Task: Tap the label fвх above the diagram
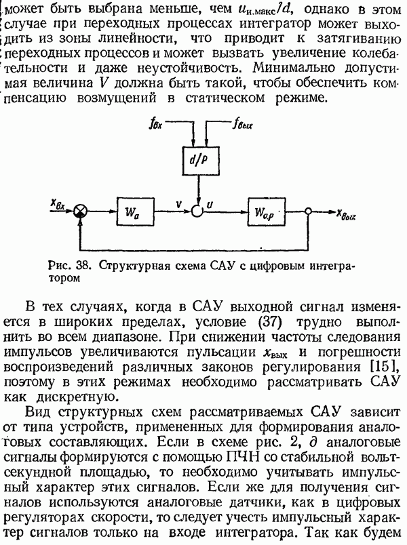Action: (155, 123)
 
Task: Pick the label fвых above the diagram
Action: (244, 124)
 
